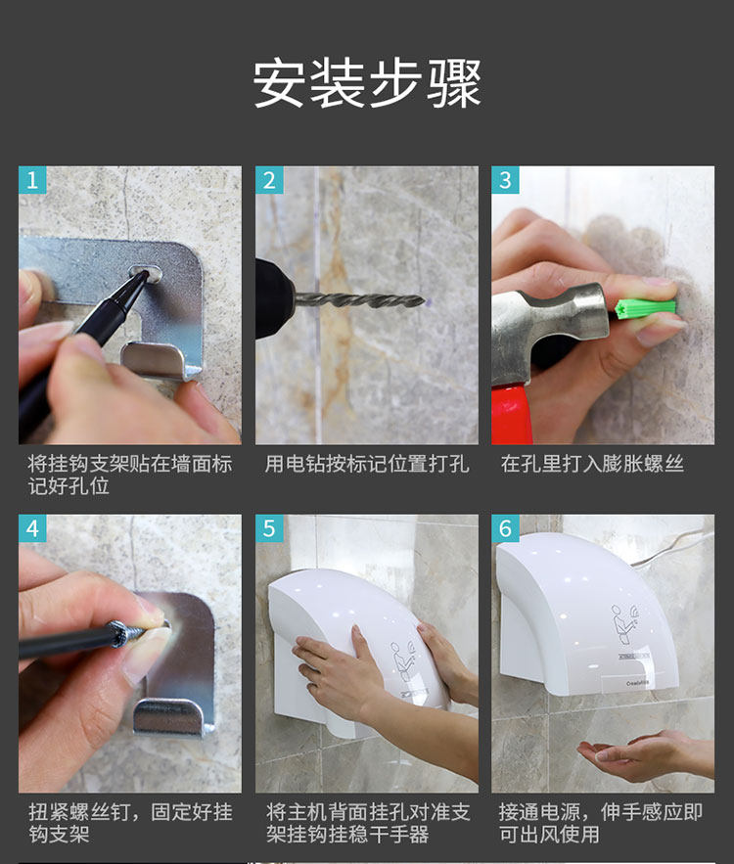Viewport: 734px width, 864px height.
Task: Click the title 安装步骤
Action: tap(367, 84)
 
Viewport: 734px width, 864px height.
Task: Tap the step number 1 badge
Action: tap(32, 180)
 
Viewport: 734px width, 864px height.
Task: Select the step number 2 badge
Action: tap(269, 180)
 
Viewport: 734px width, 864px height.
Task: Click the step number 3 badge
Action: tap(505, 180)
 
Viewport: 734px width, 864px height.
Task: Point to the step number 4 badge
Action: tap(32, 528)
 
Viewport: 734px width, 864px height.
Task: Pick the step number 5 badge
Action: tap(269, 528)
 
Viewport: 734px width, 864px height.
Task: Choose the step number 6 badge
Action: tap(505, 528)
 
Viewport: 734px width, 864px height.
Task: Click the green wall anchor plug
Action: tap(646, 309)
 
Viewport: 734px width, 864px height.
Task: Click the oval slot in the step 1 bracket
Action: tap(146, 272)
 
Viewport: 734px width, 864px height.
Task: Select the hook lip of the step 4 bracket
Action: tap(168, 716)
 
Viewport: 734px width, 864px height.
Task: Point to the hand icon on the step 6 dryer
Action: tap(625, 623)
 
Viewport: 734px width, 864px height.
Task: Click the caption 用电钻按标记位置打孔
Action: tap(367, 464)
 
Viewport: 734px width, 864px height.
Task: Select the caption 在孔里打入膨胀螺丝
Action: tap(592, 464)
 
